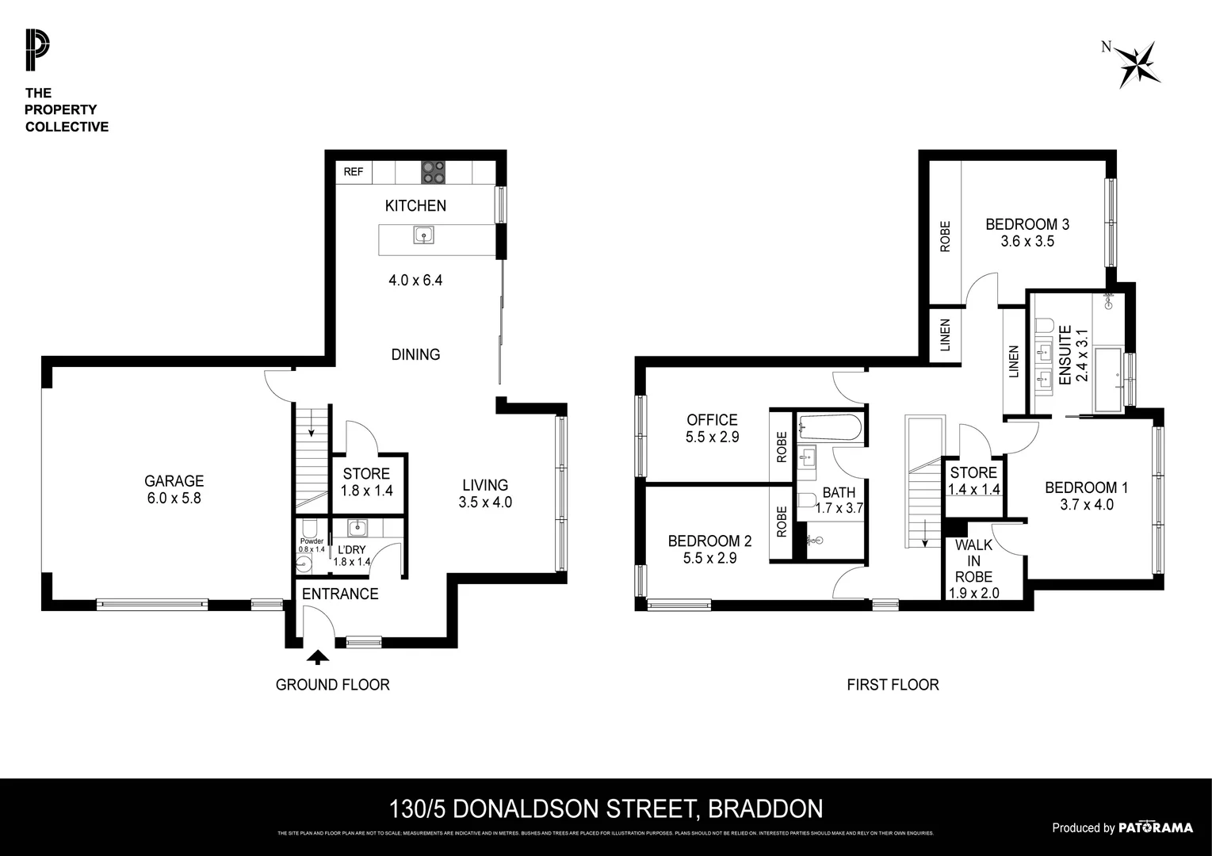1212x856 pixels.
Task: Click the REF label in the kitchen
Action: point(354,172)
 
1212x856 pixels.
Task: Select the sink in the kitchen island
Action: point(423,235)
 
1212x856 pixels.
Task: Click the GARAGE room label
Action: point(174,481)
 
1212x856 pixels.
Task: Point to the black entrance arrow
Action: point(318,656)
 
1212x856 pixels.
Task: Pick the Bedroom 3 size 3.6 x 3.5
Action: point(1027,242)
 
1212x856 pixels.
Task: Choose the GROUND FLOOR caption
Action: point(332,685)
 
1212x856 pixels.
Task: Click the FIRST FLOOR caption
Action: point(893,685)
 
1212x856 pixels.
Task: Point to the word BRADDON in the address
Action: point(764,809)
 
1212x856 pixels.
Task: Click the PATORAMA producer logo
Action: point(1155,827)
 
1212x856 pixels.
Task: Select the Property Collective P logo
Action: point(36,49)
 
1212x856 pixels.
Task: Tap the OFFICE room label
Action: point(712,420)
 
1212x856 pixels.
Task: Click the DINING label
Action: point(415,354)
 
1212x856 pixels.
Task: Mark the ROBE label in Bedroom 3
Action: point(945,236)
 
